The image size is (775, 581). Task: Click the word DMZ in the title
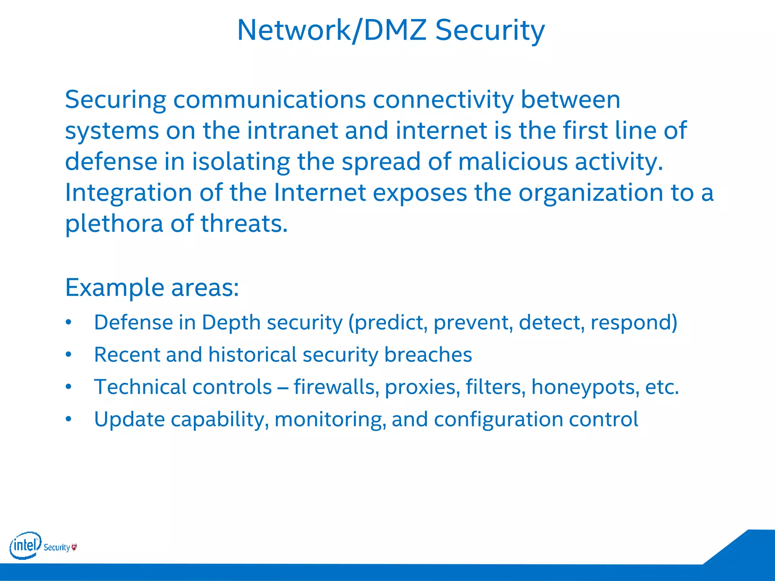point(395,30)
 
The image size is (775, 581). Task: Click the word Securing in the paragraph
point(115,100)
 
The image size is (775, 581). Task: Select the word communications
point(269,99)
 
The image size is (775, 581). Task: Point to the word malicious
point(513,162)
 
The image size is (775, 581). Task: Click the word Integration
point(129,193)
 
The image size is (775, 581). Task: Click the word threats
point(244,224)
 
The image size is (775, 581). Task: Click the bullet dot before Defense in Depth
point(68,322)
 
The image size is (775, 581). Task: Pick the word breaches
point(428,355)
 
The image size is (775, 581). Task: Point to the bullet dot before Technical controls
point(68,387)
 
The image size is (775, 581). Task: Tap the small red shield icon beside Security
point(74,547)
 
